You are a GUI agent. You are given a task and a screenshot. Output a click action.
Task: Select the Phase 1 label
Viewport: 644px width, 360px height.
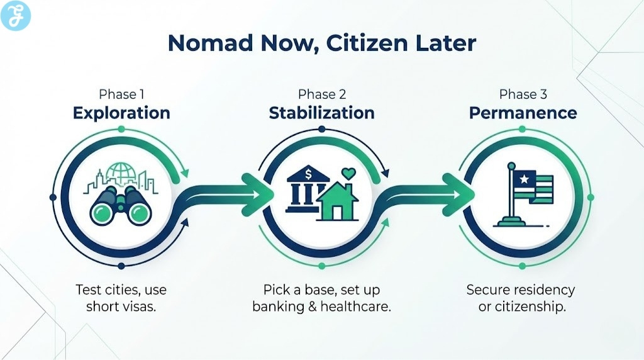click(121, 94)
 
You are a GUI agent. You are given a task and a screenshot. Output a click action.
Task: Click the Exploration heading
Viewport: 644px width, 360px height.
click(121, 113)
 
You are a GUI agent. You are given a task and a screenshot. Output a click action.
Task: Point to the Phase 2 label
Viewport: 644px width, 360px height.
click(322, 94)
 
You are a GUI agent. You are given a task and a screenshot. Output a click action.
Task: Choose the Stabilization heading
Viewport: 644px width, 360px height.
click(322, 113)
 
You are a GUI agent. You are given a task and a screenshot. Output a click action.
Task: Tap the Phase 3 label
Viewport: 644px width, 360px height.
click(523, 94)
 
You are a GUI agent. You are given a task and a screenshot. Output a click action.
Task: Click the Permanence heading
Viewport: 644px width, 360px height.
click(523, 113)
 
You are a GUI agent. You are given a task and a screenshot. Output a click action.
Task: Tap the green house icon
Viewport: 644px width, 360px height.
click(338, 201)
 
